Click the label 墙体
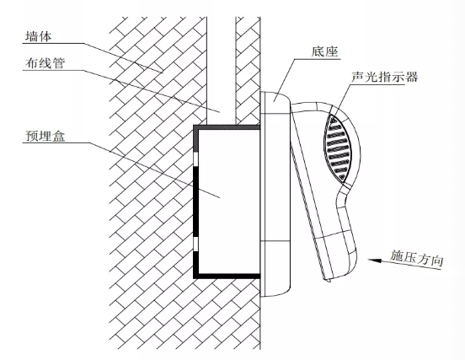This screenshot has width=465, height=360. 39,36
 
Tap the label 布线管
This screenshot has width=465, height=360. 45,63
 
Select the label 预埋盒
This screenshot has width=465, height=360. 45,136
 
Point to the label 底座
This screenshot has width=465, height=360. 324,51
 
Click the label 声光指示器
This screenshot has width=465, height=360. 385,77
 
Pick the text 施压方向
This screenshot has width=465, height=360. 416,258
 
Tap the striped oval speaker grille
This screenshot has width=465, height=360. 338,148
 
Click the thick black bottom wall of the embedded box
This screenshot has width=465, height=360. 227,276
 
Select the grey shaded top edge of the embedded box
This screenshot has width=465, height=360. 227,127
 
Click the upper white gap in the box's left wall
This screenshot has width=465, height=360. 195,160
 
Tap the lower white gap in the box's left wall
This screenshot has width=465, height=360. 195,244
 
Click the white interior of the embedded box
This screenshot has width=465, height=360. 228,201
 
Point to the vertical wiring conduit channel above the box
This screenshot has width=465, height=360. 222,71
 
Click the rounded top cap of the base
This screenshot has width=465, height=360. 275,102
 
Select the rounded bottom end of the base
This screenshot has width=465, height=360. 275,284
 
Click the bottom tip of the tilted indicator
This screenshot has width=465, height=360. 329,280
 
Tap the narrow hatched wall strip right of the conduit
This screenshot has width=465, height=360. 248,71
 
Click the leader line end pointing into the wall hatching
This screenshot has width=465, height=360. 163,73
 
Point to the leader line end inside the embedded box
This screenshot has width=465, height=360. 220,197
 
